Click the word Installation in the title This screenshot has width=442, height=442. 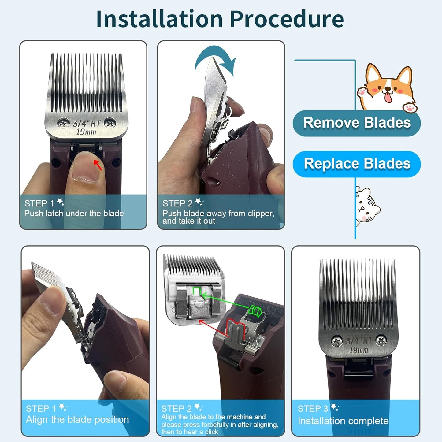(x=159, y=19)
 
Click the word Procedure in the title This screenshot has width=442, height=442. (x=287, y=19)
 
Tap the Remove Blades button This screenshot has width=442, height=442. (x=357, y=123)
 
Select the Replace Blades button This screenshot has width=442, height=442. (x=357, y=164)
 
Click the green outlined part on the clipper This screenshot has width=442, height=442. (x=254, y=311)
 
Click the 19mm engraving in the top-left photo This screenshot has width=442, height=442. (x=86, y=132)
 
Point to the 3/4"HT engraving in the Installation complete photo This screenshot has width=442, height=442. (x=359, y=341)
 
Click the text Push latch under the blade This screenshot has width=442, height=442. (x=74, y=214)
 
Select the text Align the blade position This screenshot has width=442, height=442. (x=77, y=420)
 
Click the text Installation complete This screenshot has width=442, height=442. (x=343, y=421)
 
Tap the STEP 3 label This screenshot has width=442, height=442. (x=313, y=409)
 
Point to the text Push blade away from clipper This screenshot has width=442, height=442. (x=218, y=214)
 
